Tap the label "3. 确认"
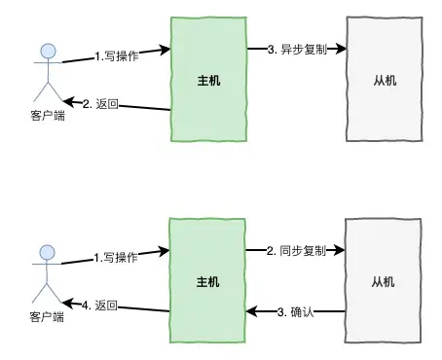pos(294,311)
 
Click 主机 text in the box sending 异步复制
pos(206,81)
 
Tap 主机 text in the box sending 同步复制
pos(206,282)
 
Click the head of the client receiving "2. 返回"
pos(43,50)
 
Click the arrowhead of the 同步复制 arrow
pos(342,250)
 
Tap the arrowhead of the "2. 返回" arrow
pos(67,98)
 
